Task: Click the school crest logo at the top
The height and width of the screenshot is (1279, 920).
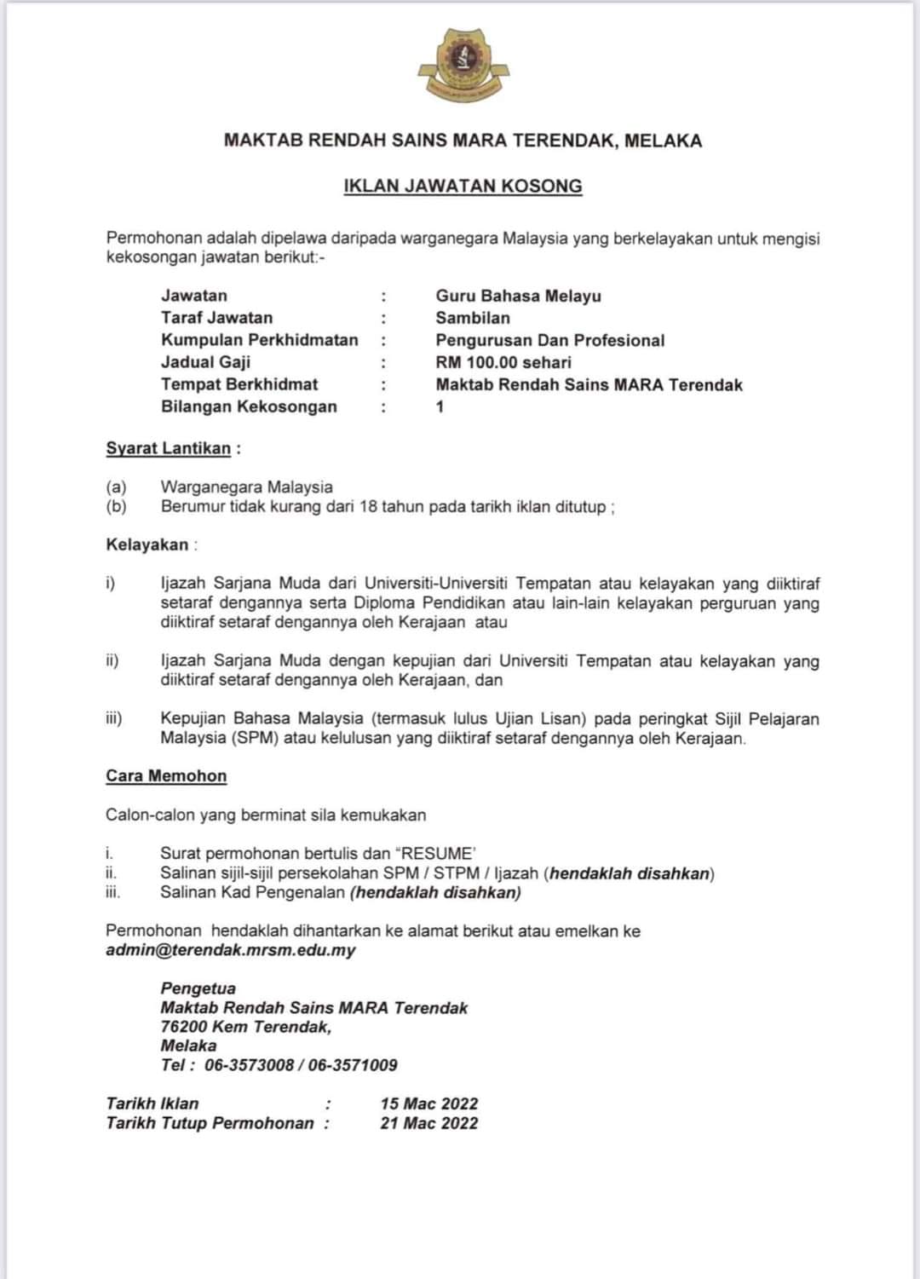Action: coord(463,65)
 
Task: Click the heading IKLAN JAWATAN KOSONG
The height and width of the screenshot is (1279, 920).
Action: coord(463,186)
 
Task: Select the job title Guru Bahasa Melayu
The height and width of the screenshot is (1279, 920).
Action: coord(518,296)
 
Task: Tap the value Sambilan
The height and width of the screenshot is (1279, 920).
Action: coord(473,318)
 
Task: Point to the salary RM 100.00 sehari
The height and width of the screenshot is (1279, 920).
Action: coord(503,362)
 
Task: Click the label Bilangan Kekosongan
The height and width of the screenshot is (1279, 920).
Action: coord(249,406)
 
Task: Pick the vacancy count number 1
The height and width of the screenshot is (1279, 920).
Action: coord(440,406)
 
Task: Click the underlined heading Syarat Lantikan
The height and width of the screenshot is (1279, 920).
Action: coord(168,448)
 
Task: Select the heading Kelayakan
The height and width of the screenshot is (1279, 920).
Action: coord(147,544)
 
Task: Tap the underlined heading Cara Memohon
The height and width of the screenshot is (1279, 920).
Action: coord(166,775)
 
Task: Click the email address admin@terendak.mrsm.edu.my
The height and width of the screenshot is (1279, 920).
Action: coord(231,950)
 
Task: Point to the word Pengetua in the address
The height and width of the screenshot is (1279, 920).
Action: coord(198,988)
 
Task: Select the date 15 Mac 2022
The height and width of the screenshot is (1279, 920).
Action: coord(428,1103)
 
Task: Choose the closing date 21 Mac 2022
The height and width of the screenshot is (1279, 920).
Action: coord(428,1123)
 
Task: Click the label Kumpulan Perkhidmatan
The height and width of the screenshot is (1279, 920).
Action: coord(260,340)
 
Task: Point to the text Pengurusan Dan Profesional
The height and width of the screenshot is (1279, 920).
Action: coord(549,340)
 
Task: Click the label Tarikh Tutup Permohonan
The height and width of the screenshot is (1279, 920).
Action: coord(210,1123)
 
